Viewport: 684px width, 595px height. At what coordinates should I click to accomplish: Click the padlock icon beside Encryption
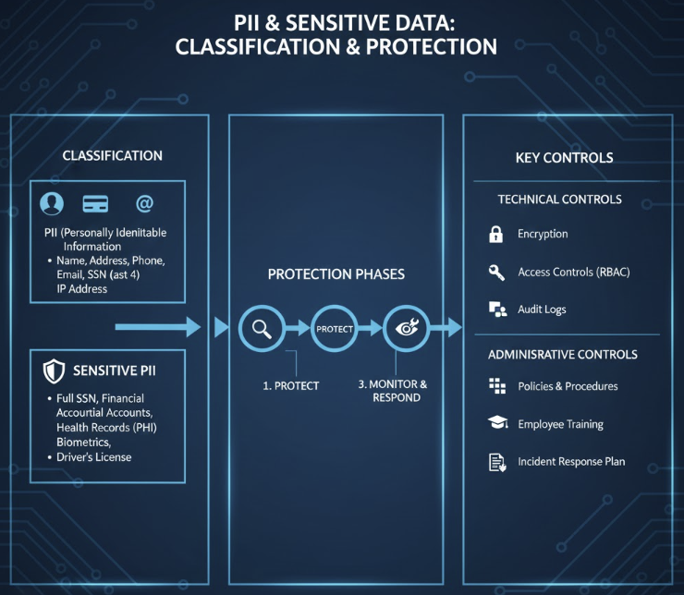pyautogui.click(x=495, y=234)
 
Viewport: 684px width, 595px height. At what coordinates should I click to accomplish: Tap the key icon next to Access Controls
pyautogui.click(x=496, y=273)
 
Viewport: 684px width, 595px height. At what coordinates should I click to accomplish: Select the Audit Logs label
pyautogui.click(x=542, y=310)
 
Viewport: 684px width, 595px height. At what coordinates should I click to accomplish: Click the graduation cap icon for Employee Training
pyautogui.click(x=497, y=422)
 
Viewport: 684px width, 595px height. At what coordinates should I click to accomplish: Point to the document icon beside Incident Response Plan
pyautogui.click(x=497, y=463)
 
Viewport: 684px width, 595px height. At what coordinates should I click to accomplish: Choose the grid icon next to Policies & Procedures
pyautogui.click(x=497, y=386)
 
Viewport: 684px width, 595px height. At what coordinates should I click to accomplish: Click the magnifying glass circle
pyautogui.click(x=262, y=328)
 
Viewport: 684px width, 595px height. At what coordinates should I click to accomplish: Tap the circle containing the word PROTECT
pyautogui.click(x=335, y=328)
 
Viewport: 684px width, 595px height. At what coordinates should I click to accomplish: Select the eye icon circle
pyautogui.click(x=407, y=328)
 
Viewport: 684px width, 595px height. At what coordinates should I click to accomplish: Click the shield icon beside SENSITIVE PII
pyautogui.click(x=55, y=371)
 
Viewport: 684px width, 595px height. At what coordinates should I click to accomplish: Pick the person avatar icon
pyautogui.click(x=52, y=203)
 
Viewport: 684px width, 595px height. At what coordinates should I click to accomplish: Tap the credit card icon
pyautogui.click(x=95, y=203)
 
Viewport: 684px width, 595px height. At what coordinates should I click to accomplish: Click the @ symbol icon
pyautogui.click(x=144, y=203)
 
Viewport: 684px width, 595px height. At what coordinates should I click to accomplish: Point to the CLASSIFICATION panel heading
pyautogui.click(x=112, y=155)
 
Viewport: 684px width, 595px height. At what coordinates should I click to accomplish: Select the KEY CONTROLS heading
pyautogui.click(x=565, y=157)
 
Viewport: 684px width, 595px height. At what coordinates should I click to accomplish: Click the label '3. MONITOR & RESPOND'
pyautogui.click(x=393, y=391)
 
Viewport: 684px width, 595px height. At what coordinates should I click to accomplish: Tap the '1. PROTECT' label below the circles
pyautogui.click(x=291, y=386)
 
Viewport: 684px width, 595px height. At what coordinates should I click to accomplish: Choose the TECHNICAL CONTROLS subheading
pyautogui.click(x=559, y=200)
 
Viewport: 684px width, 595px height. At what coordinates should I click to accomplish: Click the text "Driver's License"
pyautogui.click(x=93, y=457)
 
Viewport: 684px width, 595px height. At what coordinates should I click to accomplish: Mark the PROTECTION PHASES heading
pyautogui.click(x=336, y=274)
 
